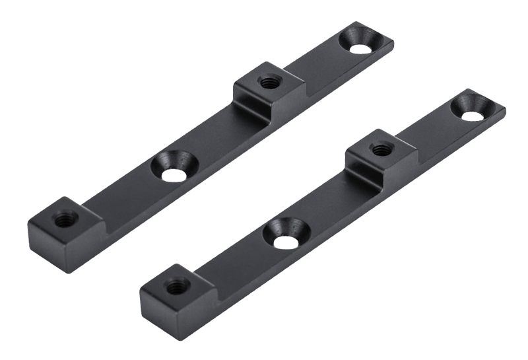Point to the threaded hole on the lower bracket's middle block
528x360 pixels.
click(379, 150)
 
